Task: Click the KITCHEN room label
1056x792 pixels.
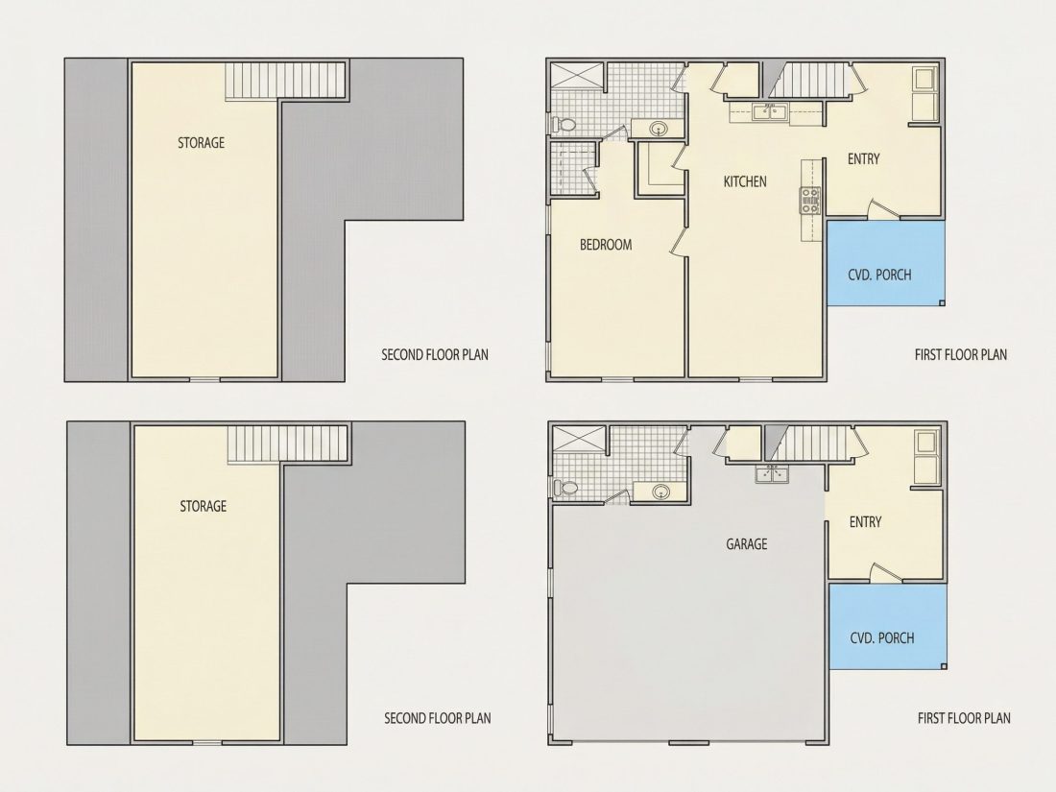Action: pos(745,181)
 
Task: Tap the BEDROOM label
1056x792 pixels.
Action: pos(606,245)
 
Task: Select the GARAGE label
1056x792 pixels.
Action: pos(746,544)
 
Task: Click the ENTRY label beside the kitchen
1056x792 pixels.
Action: pos(863,159)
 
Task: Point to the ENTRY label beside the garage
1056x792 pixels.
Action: pos(865,522)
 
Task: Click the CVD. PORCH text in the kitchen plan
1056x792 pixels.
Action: pos(879,275)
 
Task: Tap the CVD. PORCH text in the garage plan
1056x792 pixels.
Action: pos(882,637)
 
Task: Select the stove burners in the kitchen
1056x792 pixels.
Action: pos(810,201)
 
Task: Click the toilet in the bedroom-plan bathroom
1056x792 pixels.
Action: pos(564,125)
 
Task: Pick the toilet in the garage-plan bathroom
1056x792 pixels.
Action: pos(565,488)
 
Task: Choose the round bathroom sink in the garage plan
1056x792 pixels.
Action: pos(660,492)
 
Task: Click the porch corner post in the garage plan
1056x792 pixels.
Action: pos(944,666)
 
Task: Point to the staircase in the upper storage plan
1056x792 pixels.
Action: pos(285,81)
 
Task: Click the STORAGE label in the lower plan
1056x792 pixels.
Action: pos(204,507)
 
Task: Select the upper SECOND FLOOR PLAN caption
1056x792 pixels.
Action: pos(435,355)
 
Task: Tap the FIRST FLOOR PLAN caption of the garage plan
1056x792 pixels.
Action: pos(964,719)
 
